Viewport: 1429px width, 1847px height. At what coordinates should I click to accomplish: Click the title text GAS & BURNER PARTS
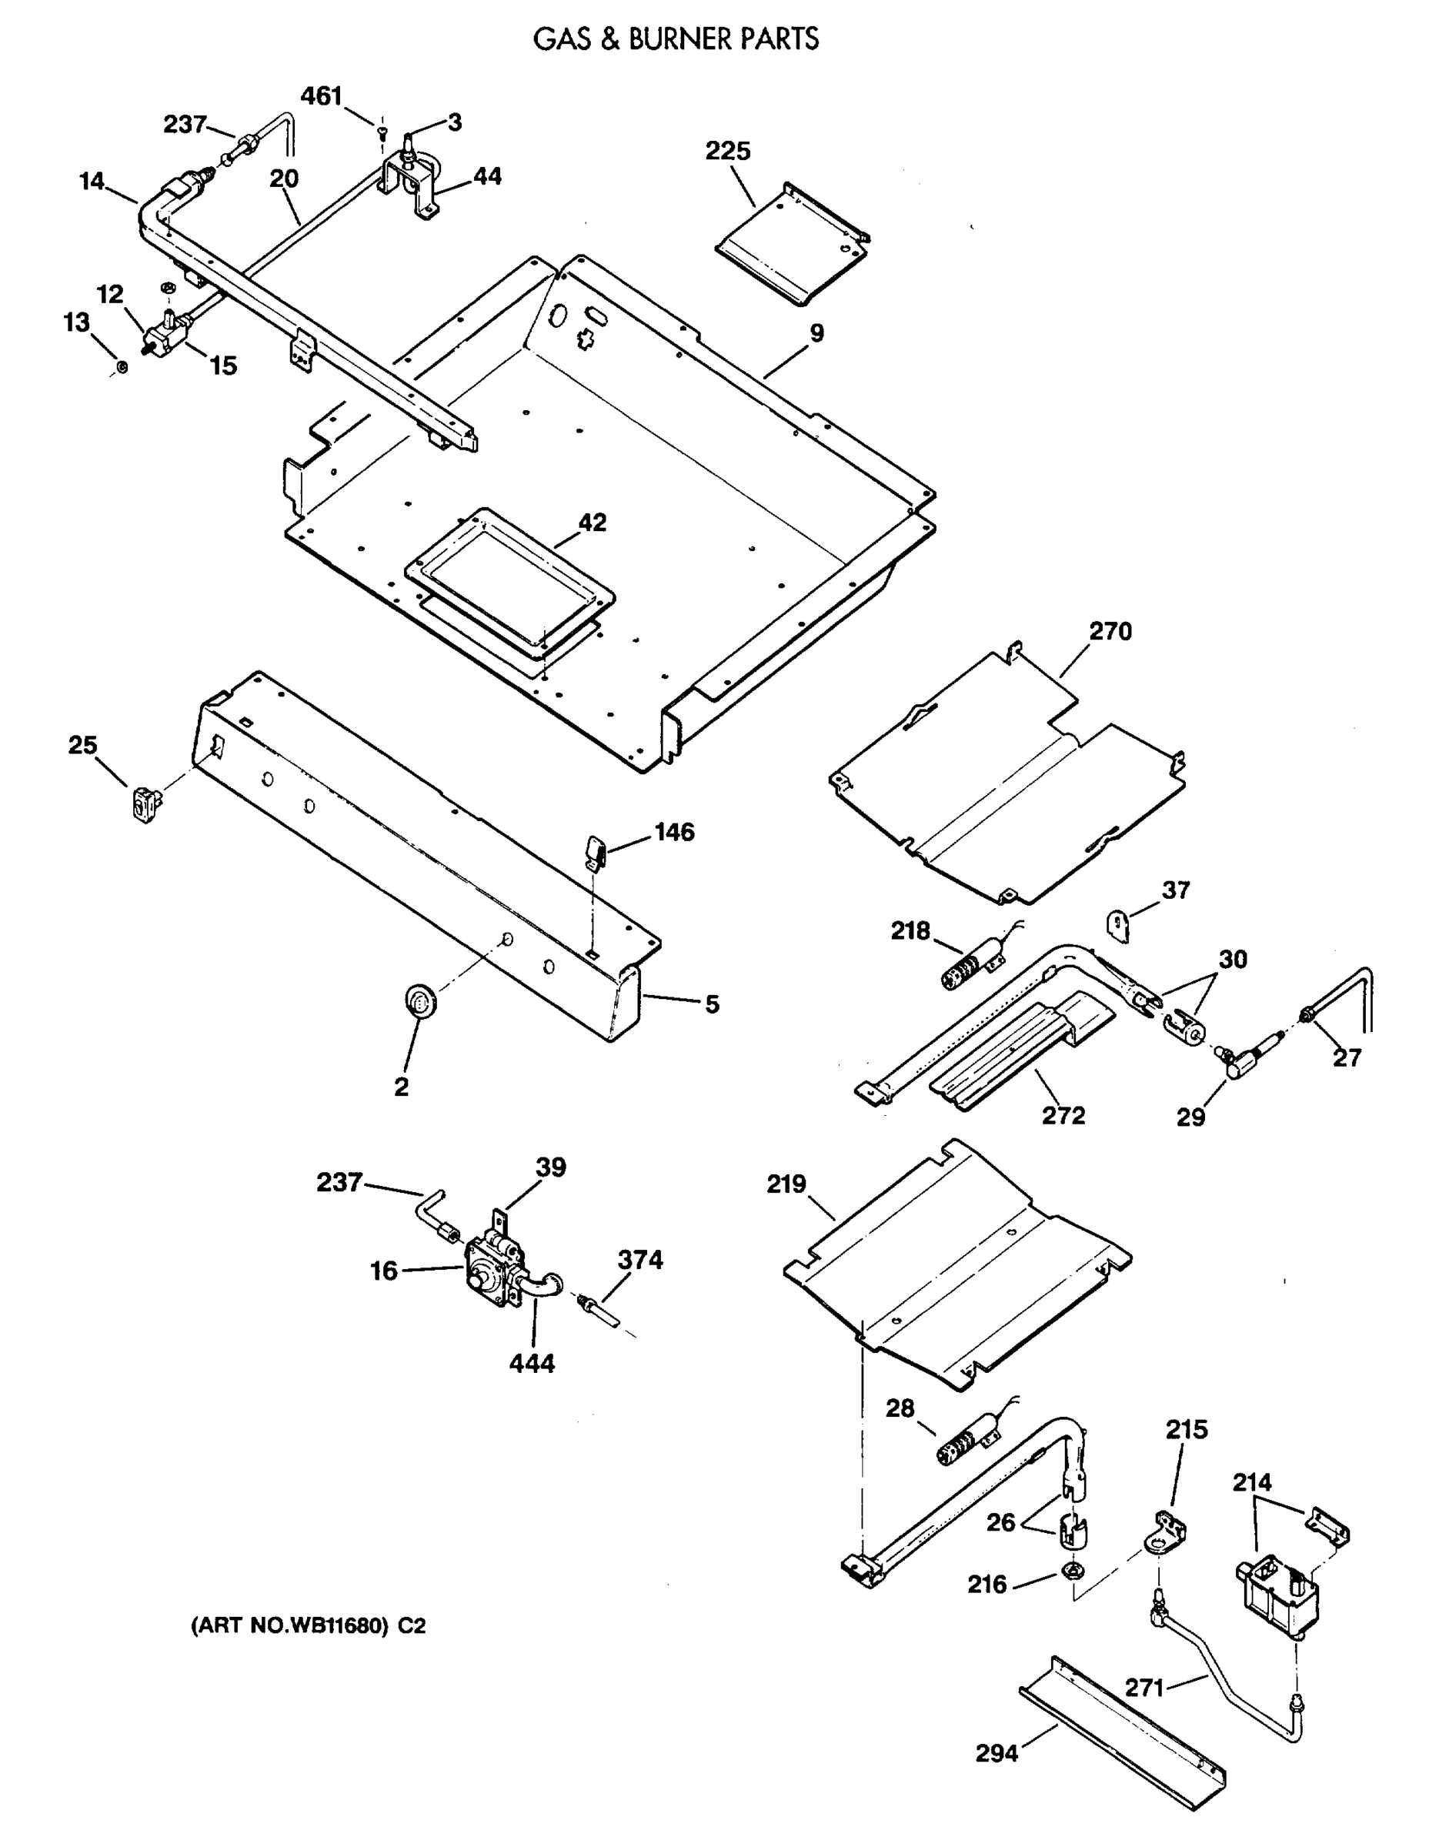pyautogui.click(x=676, y=39)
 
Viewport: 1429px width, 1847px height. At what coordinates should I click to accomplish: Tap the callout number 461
pyautogui.click(x=322, y=96)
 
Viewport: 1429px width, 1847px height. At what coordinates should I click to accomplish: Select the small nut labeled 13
pyautogui.click(x=122, y=367)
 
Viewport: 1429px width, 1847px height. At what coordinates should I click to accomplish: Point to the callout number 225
pyautogui.click(x=727, y=152)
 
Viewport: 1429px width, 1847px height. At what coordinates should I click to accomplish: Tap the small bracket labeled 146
pyautogui.click(x=596, y=850)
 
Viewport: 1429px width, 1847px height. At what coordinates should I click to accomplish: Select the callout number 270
pyautogui.click(x=1110, y=632)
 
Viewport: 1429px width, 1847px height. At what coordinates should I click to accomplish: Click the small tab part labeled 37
pyautogui.click(x=1119, y=925)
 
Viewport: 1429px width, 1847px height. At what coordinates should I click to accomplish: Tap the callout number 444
pyautogui.click(x=532, y=1363)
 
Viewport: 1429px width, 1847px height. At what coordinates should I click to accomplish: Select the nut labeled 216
pyautogui.click(x=1070, y=1573)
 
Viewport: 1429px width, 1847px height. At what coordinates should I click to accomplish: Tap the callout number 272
pyautogui.click(x=1063, y=1115)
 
